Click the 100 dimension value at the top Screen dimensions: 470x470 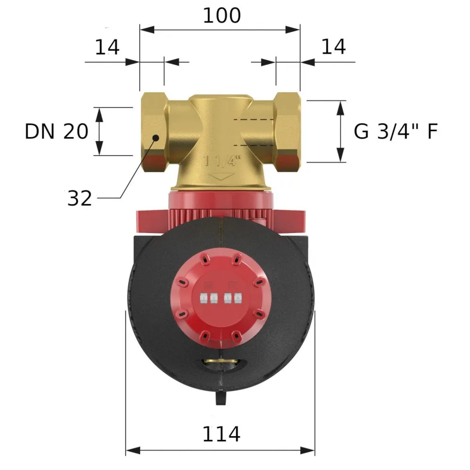(x=222, y=16)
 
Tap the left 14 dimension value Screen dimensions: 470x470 (x=107, y=47)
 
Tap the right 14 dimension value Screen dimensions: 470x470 (x=333, y=47)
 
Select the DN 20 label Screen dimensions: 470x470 (x=56, y=131)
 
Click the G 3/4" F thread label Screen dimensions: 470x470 (x=396, y=131)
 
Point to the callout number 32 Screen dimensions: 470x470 (x=79, y=198)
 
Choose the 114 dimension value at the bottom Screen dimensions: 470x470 (x=221, y=434)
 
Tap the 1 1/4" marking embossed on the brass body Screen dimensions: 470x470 (x=222, y=161)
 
